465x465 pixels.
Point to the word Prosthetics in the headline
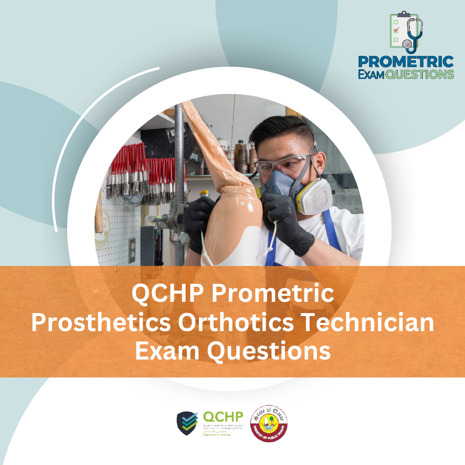[x=101, y=323]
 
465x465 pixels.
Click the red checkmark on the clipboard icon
[x=397, y=30]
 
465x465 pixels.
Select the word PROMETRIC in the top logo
[x=406, y=61]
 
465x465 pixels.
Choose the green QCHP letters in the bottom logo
[x=223, y=417]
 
